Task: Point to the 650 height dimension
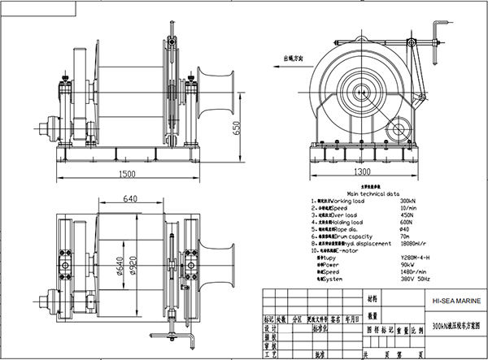click(x=236, y=129)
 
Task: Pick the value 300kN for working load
click(x=402, y=201)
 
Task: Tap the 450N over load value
click(x=401, y=215)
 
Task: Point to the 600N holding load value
click(x=401, y=223)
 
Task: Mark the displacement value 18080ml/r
click(x=407, y=245)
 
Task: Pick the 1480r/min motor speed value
click(x=407, y=274)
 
